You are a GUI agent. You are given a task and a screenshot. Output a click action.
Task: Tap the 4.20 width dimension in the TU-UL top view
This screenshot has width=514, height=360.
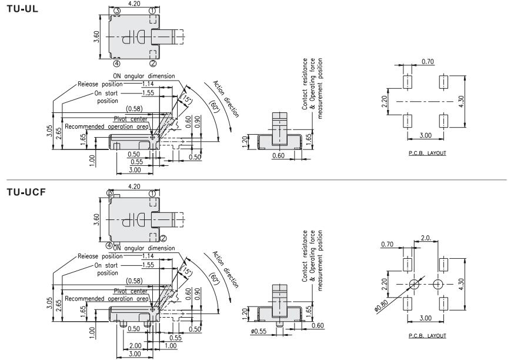pyautogui.click(x=135, y=4)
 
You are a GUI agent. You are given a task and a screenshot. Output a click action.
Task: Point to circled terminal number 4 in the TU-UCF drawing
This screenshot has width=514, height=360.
pyautogui.click(x=109, y=245)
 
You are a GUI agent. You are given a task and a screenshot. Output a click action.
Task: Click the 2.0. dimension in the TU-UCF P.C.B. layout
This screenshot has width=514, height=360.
pyautogui.click(x=427, y=238)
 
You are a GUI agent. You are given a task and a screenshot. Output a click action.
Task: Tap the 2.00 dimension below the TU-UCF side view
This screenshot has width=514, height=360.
pyautogui.click(x=134, y=345)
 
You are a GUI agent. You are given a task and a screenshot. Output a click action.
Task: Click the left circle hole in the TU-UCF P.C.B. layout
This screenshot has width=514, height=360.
pyautogui.click(x=414, y=285)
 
